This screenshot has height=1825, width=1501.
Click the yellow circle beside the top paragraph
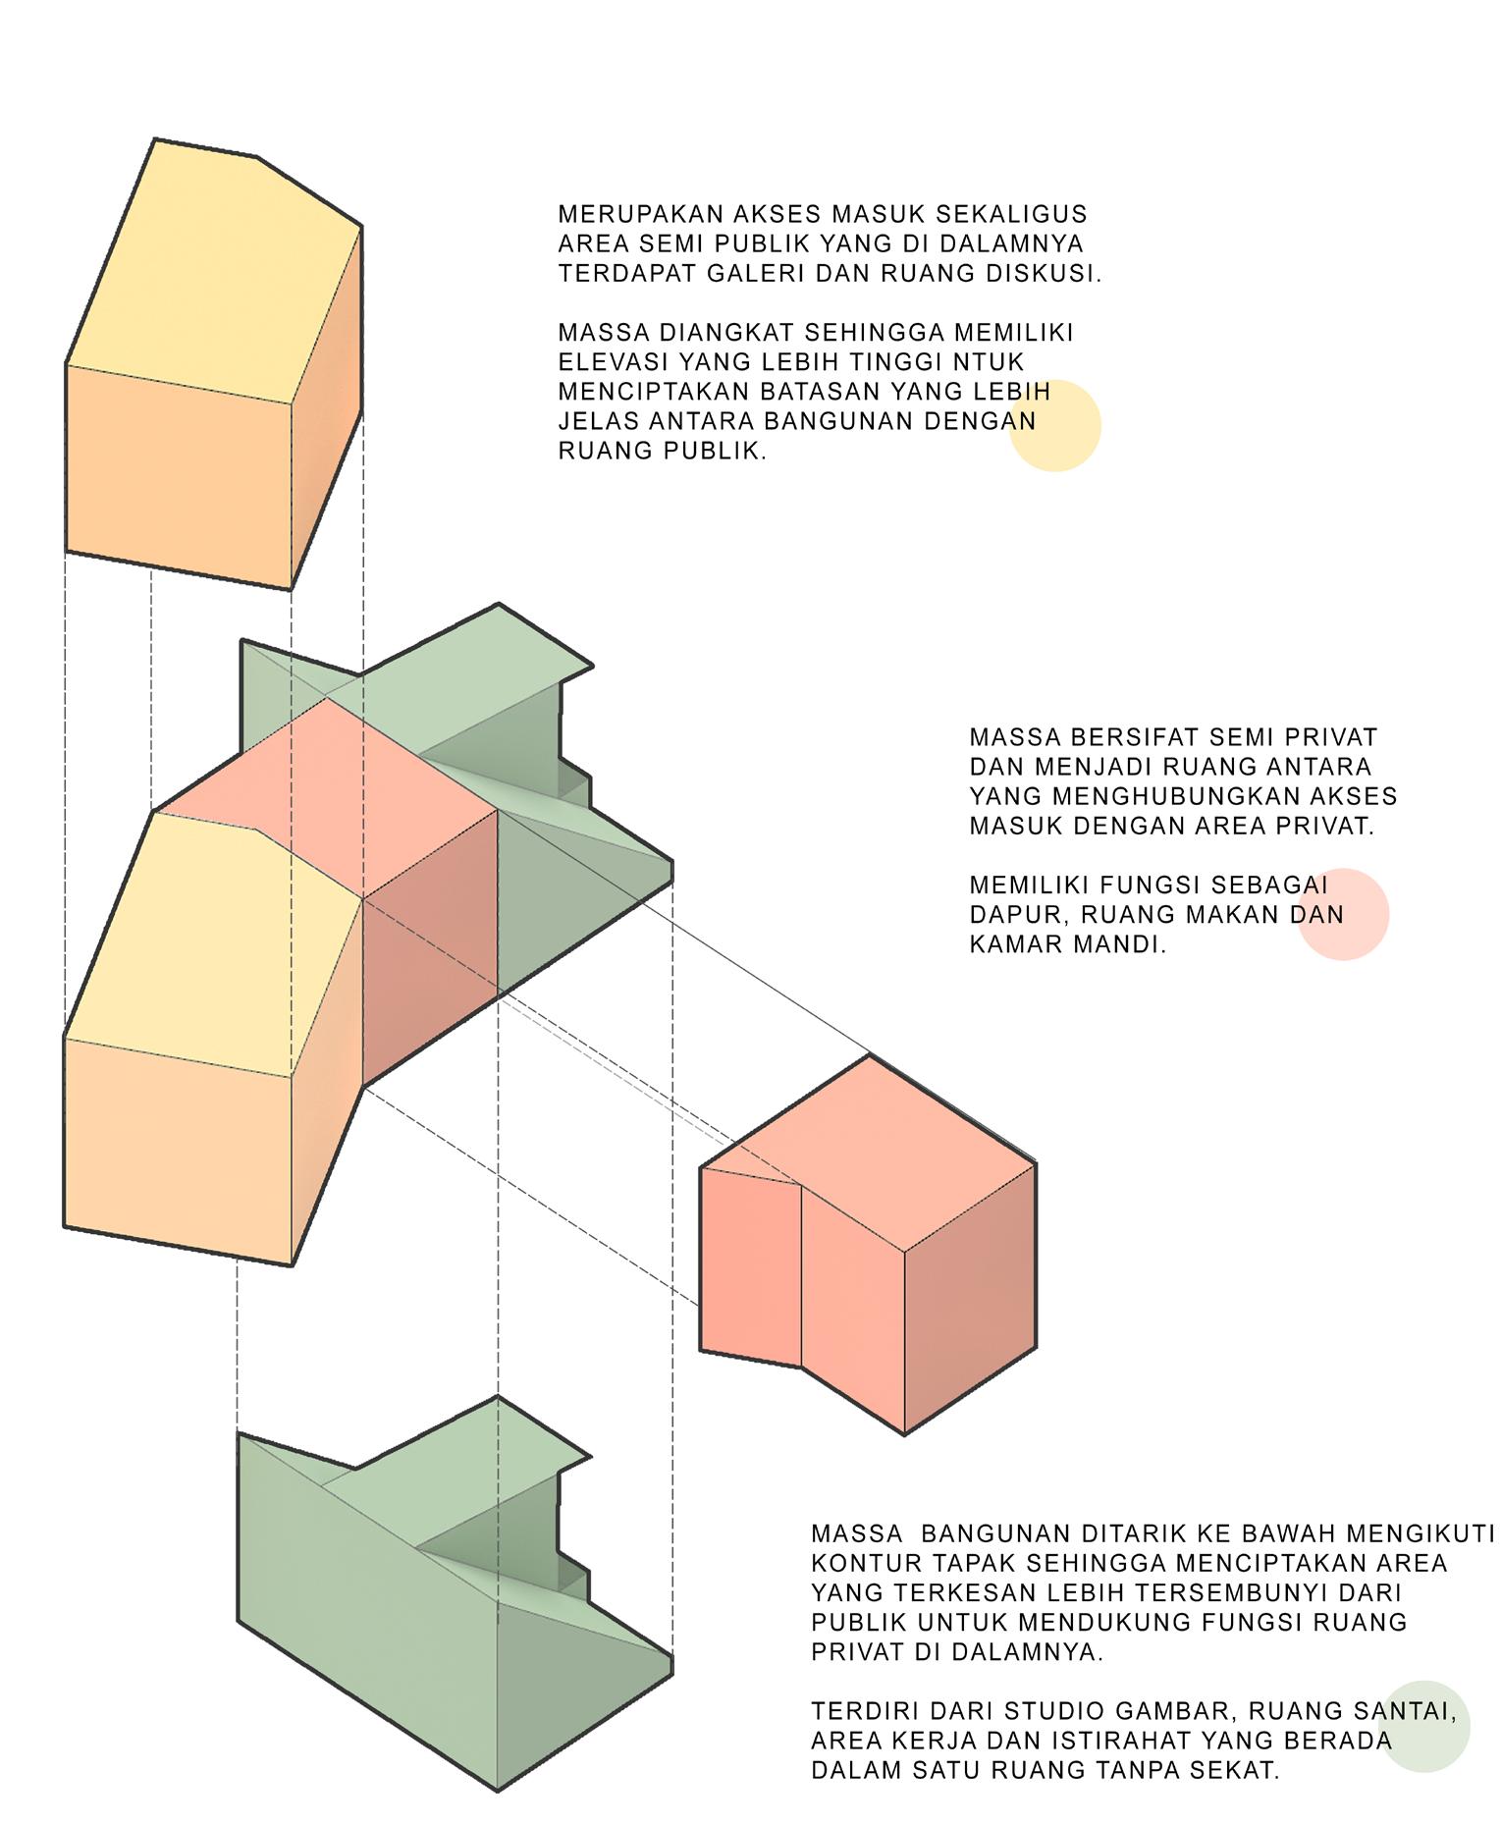point(1055,425)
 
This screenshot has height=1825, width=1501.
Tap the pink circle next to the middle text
point(1344,914)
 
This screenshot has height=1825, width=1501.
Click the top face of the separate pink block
point(879,1149)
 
